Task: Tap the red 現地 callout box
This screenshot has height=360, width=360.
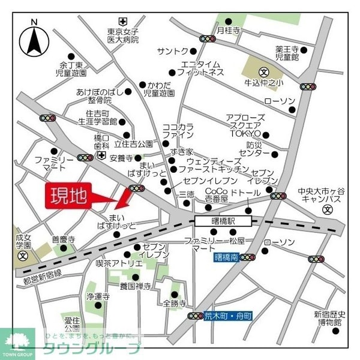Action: (x=68, y=196)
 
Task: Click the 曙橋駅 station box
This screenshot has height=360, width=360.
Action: (x=223, y=221)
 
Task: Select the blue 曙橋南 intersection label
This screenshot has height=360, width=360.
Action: (x=226, y=257)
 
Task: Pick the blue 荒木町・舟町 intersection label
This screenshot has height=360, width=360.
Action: (x=229, y=316)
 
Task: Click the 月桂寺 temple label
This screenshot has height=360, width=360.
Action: (x=228, y=29)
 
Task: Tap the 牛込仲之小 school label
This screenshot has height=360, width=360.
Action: (x=267, y=82)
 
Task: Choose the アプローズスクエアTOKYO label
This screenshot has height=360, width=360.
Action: (x=243, y=125)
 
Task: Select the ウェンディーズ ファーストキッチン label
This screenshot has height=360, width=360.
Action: (x=213, y=166)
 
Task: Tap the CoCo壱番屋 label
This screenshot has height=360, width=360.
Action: (x=217, y=195)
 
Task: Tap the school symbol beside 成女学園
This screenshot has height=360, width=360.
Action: (x=23, y=255)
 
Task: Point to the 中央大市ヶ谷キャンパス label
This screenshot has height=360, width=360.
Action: (x=322, y=196)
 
